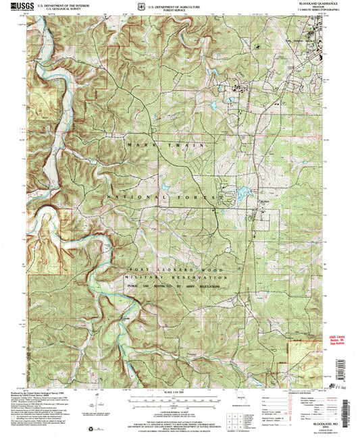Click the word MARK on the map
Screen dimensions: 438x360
point(134,144)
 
